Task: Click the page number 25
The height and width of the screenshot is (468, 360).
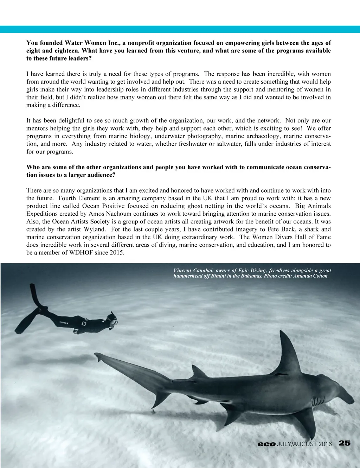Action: tap(345, 443)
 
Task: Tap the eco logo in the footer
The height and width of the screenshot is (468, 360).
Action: tap(266, 444)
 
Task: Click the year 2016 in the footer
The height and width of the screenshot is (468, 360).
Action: tap(325, 444)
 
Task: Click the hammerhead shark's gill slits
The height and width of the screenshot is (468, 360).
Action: tap(318, 401)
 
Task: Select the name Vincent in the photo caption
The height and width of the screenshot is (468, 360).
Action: tap(182, 271)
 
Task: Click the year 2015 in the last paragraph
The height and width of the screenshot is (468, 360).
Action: tap(116, 252)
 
